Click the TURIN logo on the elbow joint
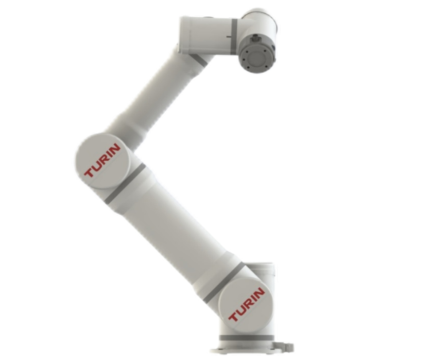(102, 160)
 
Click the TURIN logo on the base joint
(247, 305)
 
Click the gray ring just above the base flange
(247, 338)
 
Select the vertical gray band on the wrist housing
(234, 36)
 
